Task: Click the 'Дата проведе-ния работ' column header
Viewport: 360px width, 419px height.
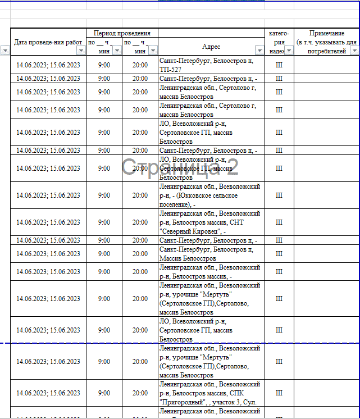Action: [x=48, y=42]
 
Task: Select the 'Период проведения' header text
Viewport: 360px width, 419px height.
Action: [x=122, y=33]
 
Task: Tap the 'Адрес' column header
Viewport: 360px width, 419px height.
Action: [x=211, y=47]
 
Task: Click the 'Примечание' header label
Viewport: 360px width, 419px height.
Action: [x=327, y=34]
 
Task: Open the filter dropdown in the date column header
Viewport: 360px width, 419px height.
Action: [x=81, y=51]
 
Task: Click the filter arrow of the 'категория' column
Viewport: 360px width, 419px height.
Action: [x=289, y=51]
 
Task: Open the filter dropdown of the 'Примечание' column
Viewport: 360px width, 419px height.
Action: [x=354, y=51]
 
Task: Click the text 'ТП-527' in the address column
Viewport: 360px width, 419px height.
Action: [x=171, y=69]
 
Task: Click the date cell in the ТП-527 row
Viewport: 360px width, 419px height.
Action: [x=48, y=65]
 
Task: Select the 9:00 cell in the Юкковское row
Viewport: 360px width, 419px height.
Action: [x=104, y=195]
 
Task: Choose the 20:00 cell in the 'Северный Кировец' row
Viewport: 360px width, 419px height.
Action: [x=140, y=222]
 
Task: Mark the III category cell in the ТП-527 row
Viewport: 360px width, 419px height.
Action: [x=279, y=65]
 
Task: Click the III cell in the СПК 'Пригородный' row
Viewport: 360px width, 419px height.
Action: [x=279, y=393]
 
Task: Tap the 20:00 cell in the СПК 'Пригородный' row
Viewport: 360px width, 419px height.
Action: [x=140, y=393]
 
